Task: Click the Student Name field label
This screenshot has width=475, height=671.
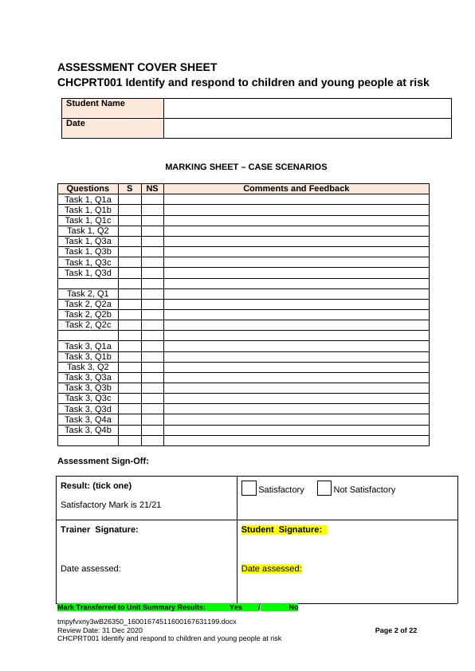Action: click(x=96, y=104)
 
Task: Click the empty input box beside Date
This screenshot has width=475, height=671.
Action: click(x=307, y=128)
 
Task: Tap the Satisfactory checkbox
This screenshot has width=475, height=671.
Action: click(x=249, y=489)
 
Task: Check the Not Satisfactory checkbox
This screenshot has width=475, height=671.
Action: click(x=324, y=489)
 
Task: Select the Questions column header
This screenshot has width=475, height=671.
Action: click(x=88, y=189)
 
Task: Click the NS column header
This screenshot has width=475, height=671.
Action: click(x=152, y=189)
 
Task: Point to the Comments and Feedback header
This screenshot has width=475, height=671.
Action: click(x=296, y=189)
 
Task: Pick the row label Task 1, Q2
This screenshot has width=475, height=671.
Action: click(x=88, y=230)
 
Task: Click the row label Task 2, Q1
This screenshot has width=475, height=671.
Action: click(x=88, y=293)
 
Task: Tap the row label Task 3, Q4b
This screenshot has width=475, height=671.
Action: click(x=88, y=430)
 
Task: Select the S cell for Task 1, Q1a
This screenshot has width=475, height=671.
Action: click(x=130, y=199)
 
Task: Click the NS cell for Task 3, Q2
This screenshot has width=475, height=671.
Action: click(x=152, y=367)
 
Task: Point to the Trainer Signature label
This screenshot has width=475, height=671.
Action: click(x=99, y=529)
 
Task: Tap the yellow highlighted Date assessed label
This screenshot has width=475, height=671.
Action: click(x=271, y=568)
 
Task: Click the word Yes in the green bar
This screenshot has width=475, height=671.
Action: click(x=236, y=607)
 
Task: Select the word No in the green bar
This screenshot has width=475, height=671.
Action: click(x=293, y=607)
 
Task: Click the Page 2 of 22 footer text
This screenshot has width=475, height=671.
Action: click(x=396, y=630)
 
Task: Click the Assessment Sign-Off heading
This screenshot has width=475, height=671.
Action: click(x=103, y=461)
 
